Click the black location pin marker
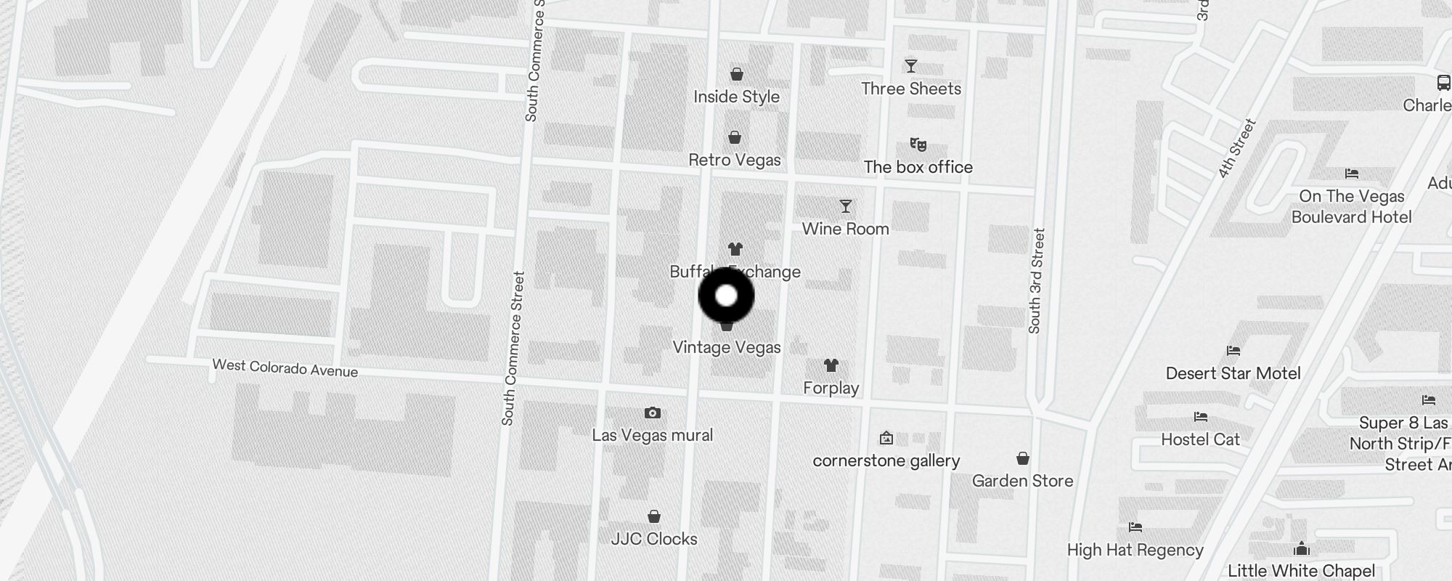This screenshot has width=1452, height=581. click(726, 296)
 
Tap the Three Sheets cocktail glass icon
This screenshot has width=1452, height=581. click(911, 66)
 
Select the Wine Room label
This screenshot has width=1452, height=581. click(845, 229)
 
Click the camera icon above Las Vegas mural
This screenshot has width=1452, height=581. click(653, 413)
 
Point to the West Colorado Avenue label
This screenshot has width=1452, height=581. click(285, 368)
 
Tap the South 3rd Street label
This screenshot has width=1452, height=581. click(1036, 281)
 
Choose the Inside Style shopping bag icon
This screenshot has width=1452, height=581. click(736, 74)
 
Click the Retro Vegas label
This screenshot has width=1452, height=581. click(734, 160)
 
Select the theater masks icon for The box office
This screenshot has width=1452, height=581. click(918, 145)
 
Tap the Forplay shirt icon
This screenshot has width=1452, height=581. click(831, 365)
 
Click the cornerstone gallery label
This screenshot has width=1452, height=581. click(886, 460)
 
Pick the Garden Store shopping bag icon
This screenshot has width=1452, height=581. click(1022, 458)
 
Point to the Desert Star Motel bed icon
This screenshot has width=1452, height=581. click(1233, 351)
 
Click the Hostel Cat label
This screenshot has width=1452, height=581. click(1200, 439)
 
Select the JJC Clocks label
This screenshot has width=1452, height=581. click(653, 539)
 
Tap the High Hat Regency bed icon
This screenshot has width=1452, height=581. click(1135, 527)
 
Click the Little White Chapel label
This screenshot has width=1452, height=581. click(1301, 571)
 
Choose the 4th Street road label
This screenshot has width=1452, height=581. click(1237, 149)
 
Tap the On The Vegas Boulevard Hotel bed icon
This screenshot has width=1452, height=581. click(1351, 174)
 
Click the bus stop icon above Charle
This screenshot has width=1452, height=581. click(1443, 83)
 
